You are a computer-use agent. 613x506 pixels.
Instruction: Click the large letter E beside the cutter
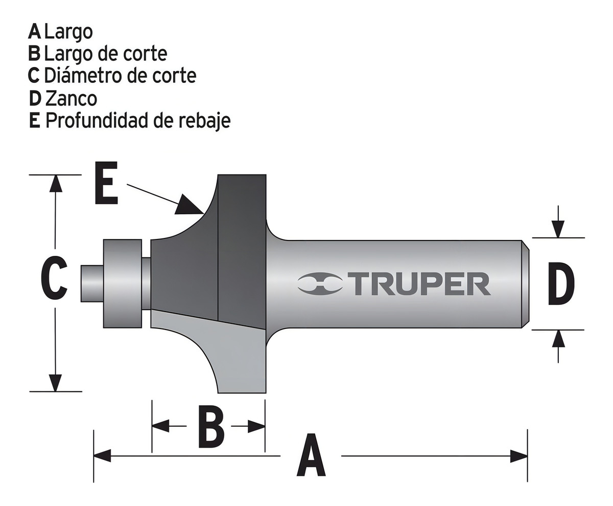pyautogui.click(x=106, y=183)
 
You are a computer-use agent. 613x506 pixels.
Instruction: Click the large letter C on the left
pyautogui.click(x=54, y=279)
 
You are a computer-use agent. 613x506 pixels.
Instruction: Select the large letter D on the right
pyautogui.click(x=560, y=283)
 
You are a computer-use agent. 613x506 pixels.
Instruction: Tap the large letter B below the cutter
pyautogui.click(x=210, y=426)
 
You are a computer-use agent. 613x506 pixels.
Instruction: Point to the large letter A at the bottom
pyautogui.click(x=311, y=455)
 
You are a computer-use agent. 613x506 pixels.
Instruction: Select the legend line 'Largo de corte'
pyautogui.click(x=106, y=53)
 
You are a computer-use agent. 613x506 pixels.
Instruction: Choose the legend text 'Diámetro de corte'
pyautogui.click(x=120, y=76)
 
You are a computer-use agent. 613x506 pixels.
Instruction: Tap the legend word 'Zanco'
pyautogui.click(x=71, y=98)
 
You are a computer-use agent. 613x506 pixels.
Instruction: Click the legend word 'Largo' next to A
pyautogui.click(x=68, y=31)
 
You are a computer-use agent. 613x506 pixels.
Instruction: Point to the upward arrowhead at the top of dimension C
pyautogui.click(x=56, y=183)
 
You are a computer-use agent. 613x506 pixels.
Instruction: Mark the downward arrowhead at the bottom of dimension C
pyautogui.click(x=55, y=383)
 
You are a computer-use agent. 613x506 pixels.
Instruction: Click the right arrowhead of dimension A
pyautogui.click(x=519, y=455)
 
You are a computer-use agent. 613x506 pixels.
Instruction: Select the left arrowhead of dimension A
pyautogui.click(x=102, y=455)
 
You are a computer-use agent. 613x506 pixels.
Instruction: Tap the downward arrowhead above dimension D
pyautogui.click(x=558, y=229)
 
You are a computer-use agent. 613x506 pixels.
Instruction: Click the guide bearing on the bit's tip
pyautogui.click(x=122, y=283)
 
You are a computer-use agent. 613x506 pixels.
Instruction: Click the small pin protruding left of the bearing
pyautogui.click(x=92, y=283)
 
